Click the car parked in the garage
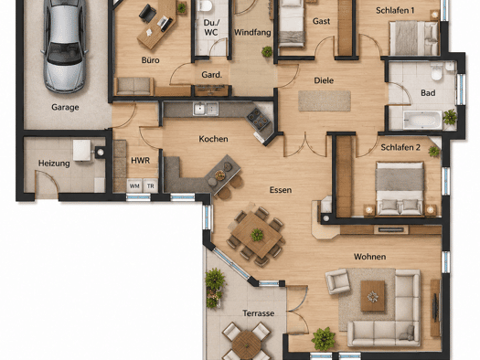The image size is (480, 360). pyautogui.click(x=65, y=46)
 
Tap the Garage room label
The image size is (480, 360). pyautogui.click(x=65, y=107)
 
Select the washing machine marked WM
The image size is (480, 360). pyautogui.click(x=134, y=185)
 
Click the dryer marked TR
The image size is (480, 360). pyautogui.click(x=150, y=185)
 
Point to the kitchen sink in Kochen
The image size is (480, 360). pyautogui.click(x=206, y=109)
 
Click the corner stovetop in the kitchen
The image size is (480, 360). pyautogui.click(x=259, y=119)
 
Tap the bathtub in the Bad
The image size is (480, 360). pyautogui.click(x=422, y=120)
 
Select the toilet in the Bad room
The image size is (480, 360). pyautogui.click(x=436, y=71)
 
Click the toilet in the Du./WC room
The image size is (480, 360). pyautogui.click(x=205, y=5)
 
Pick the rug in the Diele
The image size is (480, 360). pyautogui.click(x=325, y=101)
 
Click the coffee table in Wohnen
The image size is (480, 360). pyautogui.click(x=372, y=296)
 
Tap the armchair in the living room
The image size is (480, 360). pyautogui.click(x=337, y=281)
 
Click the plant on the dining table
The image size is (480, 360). pyautogui.click(x=257, y=235)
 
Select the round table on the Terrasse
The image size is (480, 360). pyautogui.click(x=246, y=344)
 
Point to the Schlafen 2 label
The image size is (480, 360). pyautogui.click(x=400, y=148)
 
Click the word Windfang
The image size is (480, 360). pyautogui.click(x=252, y=32)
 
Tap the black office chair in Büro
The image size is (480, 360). pyautogui.click(x=147, y=14)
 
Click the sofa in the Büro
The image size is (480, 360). pyautogui.click(x=133, y=86)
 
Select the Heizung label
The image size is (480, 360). pyautogui.click(x=54, y=164)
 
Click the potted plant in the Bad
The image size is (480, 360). pyautogui.click(x=450, y=117)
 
